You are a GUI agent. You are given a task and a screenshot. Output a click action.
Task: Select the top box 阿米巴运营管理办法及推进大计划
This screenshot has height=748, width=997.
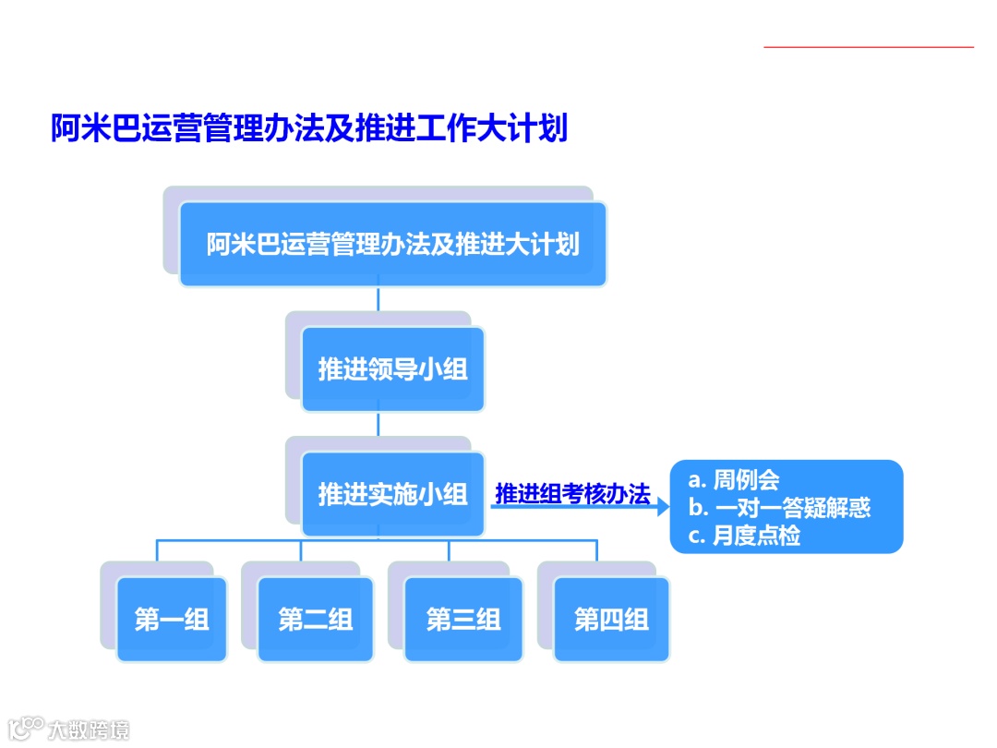click(392, 245)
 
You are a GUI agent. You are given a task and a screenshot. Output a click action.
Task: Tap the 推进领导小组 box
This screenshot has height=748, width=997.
click(392, 369)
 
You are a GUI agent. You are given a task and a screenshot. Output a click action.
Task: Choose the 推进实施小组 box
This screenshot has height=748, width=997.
click(392, 494)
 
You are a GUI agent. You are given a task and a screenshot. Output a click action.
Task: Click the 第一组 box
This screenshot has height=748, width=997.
click(172, 620)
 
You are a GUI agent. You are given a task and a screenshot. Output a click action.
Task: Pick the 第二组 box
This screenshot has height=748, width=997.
click(316, 620)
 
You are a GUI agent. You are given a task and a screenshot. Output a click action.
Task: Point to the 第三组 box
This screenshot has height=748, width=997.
click(463, 620)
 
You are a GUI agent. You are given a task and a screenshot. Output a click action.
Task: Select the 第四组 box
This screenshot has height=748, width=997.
click(611, 620)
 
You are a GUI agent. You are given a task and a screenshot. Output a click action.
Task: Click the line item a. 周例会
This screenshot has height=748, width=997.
click(734, 480)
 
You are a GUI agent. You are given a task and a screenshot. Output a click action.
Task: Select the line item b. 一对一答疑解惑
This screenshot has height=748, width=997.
click(779, 508)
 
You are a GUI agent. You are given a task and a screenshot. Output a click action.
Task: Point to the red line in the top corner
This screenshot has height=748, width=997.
click(869, 46)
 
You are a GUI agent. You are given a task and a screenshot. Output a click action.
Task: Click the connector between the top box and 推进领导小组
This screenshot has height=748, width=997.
click(378, 299)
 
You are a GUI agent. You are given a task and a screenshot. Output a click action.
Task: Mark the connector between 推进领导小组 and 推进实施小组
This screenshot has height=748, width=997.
click(378, 424)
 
